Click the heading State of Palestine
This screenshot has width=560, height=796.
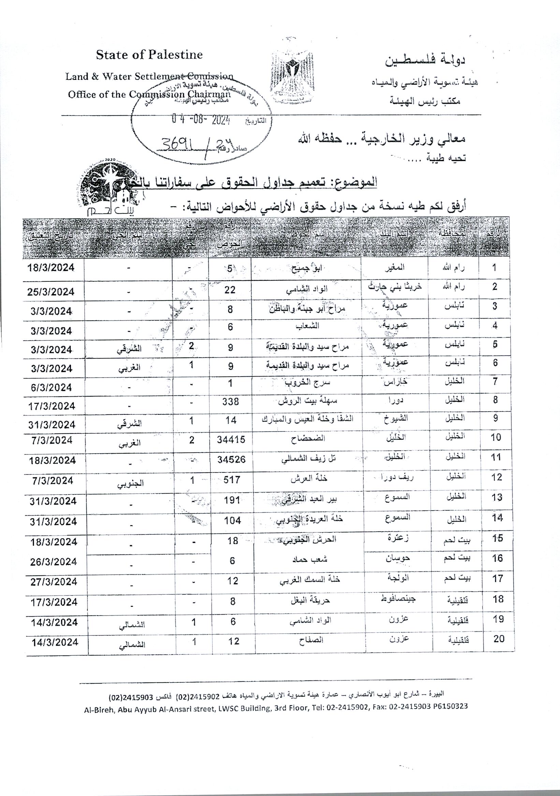point(149,55)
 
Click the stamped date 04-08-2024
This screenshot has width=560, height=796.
point(201,120)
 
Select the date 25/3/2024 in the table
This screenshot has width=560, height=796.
point(51,292)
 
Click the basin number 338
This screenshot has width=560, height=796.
point(231,401)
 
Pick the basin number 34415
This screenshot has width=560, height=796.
point(231,440)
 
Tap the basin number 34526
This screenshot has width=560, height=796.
point(231,460)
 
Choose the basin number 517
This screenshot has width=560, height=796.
point(232,480)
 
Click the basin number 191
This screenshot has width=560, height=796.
point(232,500)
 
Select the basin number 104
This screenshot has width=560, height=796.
point(232,520)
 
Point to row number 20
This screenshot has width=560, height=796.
point(499,638)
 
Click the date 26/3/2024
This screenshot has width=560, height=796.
point(54,562)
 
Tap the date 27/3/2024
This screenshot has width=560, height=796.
point(54,582)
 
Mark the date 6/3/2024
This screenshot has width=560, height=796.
point(51,387)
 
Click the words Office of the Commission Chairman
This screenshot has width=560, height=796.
point(149,94)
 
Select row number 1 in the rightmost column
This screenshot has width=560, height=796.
point(494,267)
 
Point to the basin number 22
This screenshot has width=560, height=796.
point(230,290)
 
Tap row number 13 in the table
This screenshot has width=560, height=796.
point(497,497)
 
